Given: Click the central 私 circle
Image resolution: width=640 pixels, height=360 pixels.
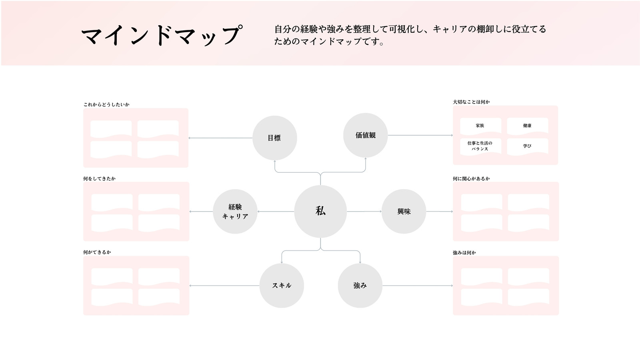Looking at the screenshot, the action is (x=320, y=212).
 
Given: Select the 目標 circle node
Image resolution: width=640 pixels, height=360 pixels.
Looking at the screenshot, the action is (x=274, y=138).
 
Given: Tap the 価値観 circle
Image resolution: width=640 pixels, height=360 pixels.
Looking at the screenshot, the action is (x=366, y=135).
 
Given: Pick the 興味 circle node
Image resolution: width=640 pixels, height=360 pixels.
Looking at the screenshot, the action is (x=404, y=212).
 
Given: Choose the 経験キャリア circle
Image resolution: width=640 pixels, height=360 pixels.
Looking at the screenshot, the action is (x=235, y=212).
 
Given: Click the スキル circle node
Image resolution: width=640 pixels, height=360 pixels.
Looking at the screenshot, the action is (x=282, y=286).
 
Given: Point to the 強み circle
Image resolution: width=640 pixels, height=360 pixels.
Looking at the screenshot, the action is (x=360, y=286).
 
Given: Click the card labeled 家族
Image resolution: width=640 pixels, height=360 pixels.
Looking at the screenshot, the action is (x=480, y=126).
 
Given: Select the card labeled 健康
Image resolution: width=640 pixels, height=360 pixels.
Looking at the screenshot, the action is (x=528, y=126).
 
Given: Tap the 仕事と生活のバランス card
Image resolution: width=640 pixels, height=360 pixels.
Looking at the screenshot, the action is (x=480, y=146).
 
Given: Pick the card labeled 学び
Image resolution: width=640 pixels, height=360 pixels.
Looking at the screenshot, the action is (x=528, y=146).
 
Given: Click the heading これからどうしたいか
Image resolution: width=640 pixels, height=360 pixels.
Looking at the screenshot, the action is (x=106, y=104).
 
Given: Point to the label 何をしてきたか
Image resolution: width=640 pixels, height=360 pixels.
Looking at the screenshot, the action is (x=100, y=178).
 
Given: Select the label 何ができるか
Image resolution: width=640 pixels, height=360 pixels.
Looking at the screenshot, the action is (x=97, y=252).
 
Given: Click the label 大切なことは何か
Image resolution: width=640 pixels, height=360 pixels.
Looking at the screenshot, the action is (x=471, y=102).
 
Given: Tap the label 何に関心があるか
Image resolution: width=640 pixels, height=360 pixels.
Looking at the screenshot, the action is (x=471, y=178).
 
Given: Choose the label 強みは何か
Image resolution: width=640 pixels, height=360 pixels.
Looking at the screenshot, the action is (x=464, y=252).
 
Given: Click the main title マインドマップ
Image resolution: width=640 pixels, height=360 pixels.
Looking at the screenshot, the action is (x=162, y=35).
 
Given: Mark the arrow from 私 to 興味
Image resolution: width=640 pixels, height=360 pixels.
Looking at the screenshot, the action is (x=364, y=212).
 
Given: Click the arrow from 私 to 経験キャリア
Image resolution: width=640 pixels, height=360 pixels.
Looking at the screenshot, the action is (x=276, y=212).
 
